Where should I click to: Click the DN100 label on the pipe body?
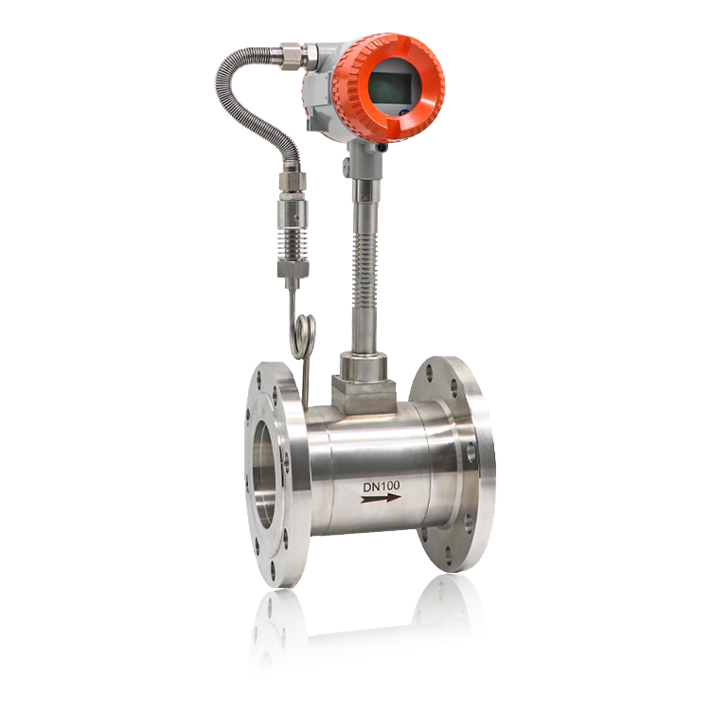[x=381, y=487]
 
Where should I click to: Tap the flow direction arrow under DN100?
[x=381, y=499]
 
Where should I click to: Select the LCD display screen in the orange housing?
[x=389, y=87]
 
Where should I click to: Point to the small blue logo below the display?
[x=404, y=112]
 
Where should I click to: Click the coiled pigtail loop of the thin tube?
[x=305, y=337]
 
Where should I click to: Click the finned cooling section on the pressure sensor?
[x=293, y=245]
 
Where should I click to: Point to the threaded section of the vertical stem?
[x=364, y=266]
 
